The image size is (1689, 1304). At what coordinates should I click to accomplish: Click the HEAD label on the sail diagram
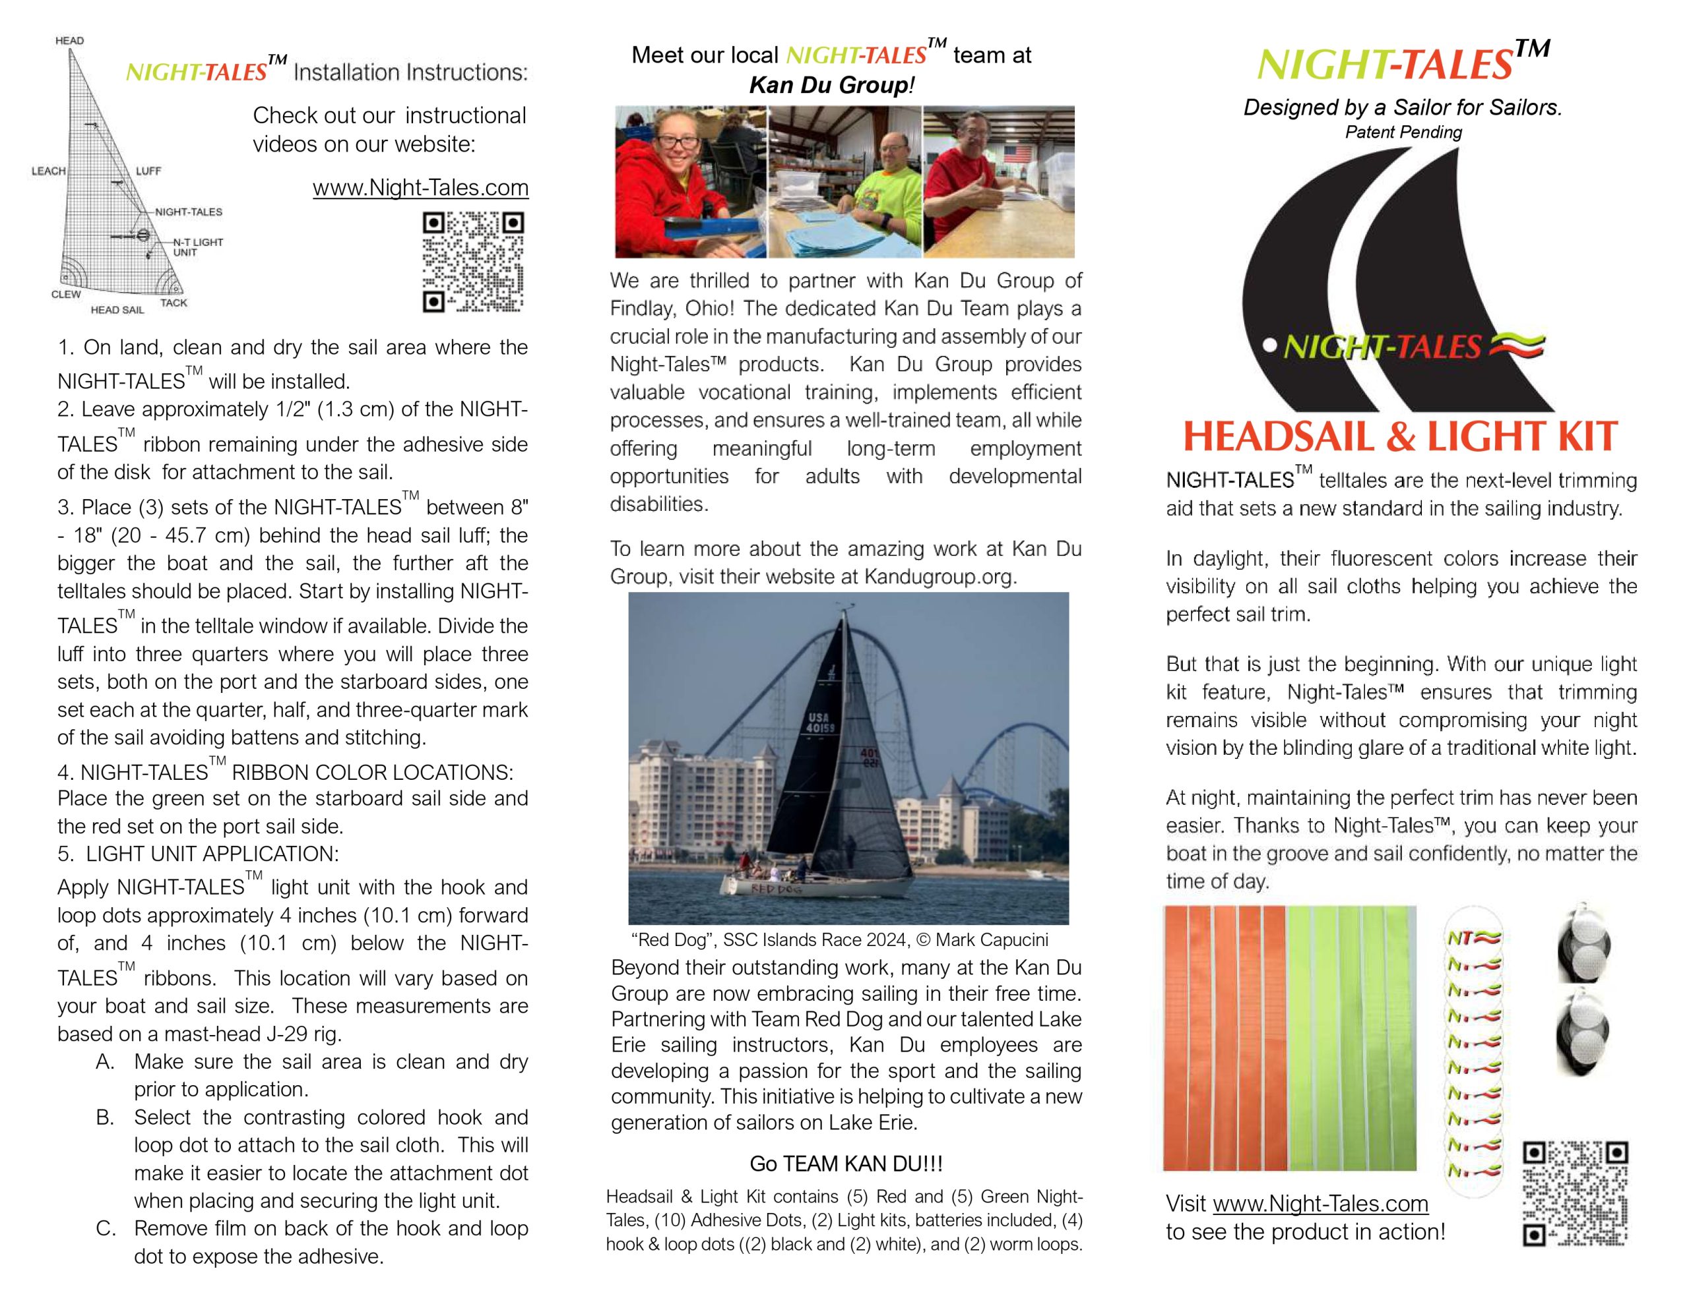(69, 40)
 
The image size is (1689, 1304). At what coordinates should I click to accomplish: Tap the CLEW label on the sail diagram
(66, 294)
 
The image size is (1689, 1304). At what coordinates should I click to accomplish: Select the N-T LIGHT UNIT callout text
(197, 247)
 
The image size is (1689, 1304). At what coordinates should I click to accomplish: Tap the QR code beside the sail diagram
(472, 262)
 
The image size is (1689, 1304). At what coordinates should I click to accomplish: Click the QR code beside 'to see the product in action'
(1575, 1193)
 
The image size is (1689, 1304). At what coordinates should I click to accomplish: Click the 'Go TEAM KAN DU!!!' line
(846, 1164)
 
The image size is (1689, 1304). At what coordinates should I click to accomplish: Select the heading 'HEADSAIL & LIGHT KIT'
(1400, 436)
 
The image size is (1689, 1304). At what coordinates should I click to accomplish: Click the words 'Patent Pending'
(1403, 132)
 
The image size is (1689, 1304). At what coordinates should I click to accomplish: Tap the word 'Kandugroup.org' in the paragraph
(938, 577)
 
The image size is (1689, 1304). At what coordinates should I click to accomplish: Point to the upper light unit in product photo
(1582, 945)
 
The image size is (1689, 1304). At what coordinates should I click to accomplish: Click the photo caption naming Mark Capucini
(839, 939)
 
